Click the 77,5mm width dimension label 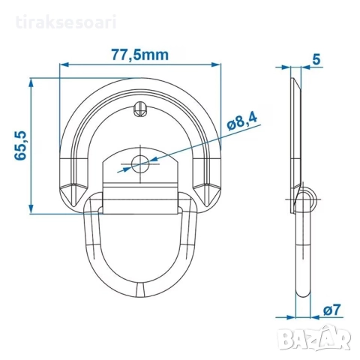point(139,55)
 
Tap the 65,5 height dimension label point(20,145)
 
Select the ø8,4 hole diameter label point(242,121)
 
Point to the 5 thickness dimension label point(316,59)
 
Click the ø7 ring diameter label point(331,310)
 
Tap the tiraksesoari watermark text point(66,22)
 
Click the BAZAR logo point(314,337)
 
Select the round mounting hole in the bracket point(140,163)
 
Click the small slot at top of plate point(140,109)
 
